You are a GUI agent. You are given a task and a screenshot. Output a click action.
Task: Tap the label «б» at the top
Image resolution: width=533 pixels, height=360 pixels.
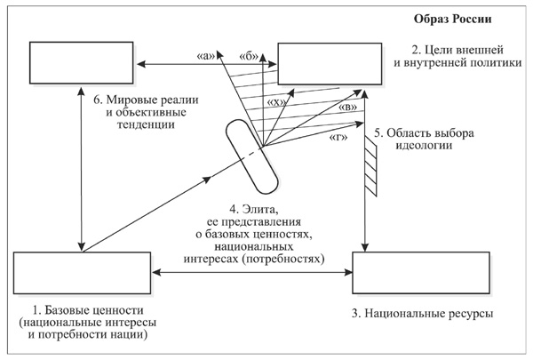249,55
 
